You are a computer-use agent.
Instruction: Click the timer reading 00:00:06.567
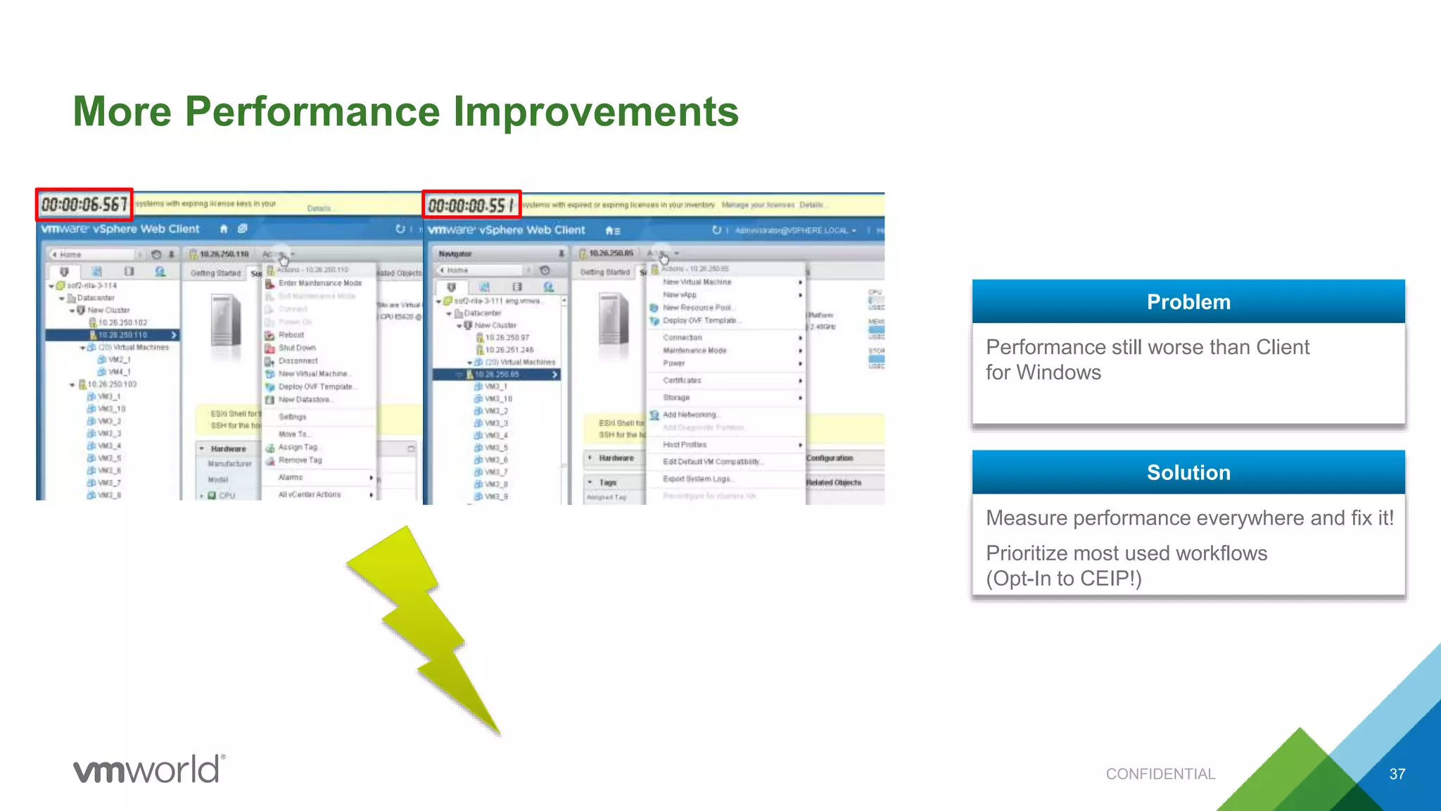tap(84, 204)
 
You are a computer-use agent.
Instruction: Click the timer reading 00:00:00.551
tap(471, 205)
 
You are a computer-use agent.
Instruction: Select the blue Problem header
tap(1188, 302)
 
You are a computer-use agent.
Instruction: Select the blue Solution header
tap(1188, 472)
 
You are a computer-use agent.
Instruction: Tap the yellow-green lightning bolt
tap(422, 620)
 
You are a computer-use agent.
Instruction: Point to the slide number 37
tap(1397, 774)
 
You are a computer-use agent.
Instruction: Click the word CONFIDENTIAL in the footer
tap(1160, 774)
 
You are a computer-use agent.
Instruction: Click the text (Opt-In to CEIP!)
tap(1063, 579)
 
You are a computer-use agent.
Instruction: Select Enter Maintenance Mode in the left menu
tap(319, 283)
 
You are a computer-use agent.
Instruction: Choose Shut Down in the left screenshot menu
tap(297, 348)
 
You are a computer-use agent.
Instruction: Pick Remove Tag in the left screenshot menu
tap(300, 460)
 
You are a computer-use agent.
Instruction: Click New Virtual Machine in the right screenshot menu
tap(697, 282)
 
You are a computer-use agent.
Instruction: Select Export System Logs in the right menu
tap(697, 479)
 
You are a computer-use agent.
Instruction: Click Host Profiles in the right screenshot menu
tap(685, 445)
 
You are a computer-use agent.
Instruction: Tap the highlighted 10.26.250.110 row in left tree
tap(122, 335)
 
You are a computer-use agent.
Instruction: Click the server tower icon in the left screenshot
tap(226, 320)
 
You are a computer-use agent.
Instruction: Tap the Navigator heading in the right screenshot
tap(455, 253)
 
